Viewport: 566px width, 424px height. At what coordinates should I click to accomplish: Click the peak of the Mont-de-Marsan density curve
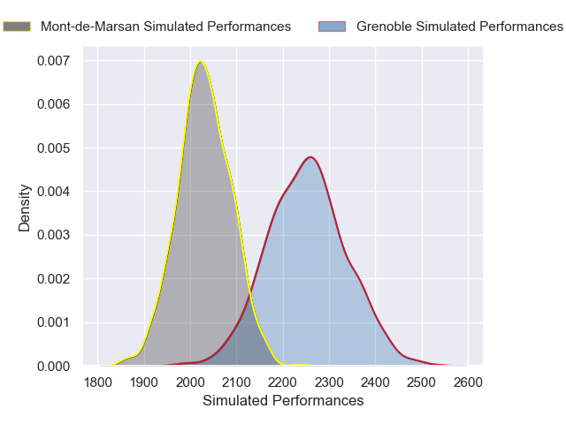click(x=201, y=61)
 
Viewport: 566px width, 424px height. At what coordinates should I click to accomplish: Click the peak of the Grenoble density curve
click(x=310, y=157)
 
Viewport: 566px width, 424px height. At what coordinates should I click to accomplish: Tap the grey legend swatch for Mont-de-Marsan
click(x=17, y=26)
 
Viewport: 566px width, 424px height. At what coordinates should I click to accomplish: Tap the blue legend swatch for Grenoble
click(x=332, y=26)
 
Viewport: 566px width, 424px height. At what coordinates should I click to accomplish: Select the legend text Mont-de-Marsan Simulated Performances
click(x=165, y=26)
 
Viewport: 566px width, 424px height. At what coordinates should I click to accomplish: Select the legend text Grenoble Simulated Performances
click(x=460, y=26)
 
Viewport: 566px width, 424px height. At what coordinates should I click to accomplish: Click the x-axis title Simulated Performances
click(x=283, y=401)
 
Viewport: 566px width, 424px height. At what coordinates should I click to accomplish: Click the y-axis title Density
click(x=26, y=208)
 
